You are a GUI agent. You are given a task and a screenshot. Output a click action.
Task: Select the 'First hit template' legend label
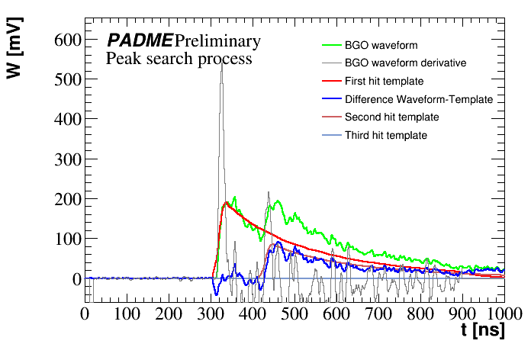point(384,81)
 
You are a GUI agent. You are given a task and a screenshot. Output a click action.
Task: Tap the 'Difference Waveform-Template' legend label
point(419,99)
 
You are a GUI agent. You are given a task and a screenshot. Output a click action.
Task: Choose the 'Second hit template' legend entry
point(391,117)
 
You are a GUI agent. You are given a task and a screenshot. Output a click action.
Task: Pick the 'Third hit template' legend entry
point(385,136)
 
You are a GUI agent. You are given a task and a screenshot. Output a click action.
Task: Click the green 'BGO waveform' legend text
point(381,45)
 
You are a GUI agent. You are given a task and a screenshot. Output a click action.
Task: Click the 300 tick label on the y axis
point(66,159)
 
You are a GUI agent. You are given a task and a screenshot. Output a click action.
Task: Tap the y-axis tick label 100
point(66,239)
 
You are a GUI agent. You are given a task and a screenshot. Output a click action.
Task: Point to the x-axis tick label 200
point(168,313)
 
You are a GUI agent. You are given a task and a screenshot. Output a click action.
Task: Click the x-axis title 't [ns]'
point(482,332)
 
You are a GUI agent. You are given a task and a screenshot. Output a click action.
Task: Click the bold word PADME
point(139,40)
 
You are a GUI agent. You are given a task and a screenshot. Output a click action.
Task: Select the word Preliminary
point(217,40)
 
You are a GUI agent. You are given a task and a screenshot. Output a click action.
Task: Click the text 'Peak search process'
point(179,58)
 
